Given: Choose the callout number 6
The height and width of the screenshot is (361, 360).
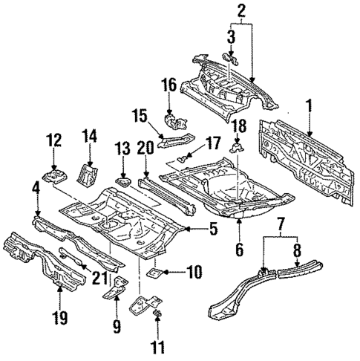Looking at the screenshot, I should [x=238, y=250].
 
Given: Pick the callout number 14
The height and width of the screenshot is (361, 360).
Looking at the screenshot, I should [x=90, y=136].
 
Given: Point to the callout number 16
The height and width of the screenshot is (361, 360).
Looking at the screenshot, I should [x=170, y=86].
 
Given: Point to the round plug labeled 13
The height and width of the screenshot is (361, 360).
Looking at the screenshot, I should [x=122, y=180].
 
